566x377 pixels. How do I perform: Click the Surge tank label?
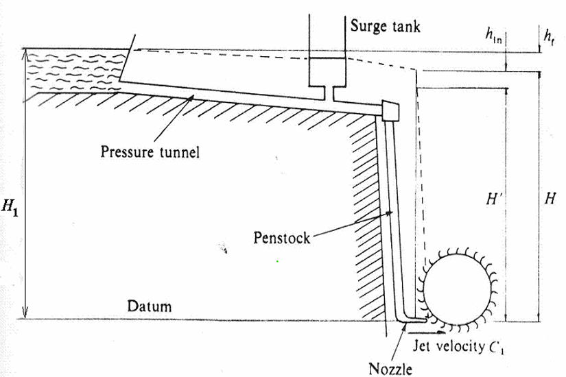[x=385, y=27]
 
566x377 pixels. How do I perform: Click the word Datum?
[x=149, y=306]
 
